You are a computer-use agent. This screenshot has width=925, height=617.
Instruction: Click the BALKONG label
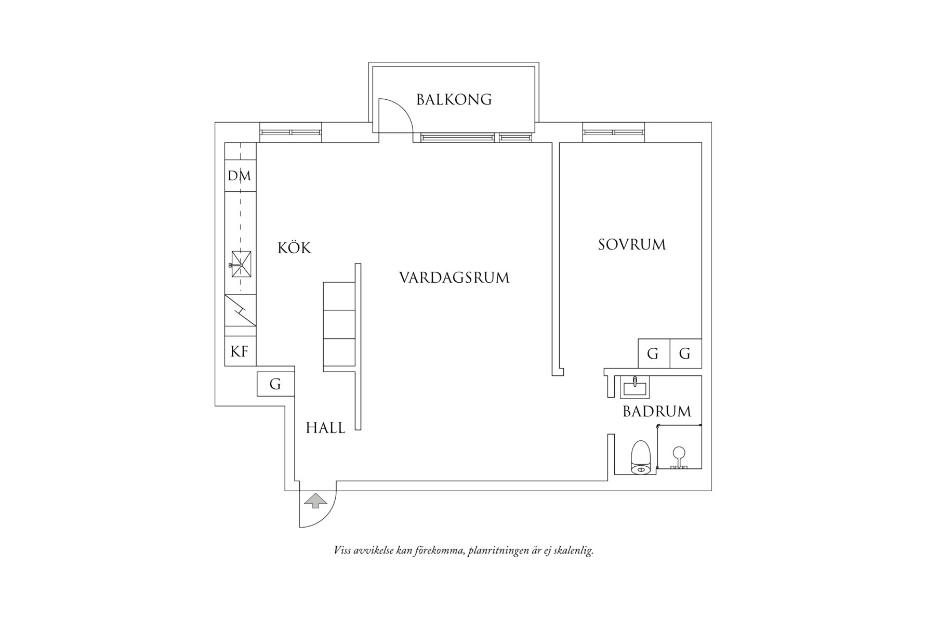454,99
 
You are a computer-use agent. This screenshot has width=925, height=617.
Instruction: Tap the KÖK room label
294,247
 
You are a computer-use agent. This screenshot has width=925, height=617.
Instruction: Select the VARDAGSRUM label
454,278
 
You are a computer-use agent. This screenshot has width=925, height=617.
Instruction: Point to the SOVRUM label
631,244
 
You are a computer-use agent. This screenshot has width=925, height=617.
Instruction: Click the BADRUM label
657,412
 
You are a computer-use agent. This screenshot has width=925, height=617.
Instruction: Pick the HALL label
325,428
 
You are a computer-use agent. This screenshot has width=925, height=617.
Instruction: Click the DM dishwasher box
240,176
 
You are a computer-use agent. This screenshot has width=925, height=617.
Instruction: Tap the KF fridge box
240,351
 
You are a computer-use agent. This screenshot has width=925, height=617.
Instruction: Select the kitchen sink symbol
241,265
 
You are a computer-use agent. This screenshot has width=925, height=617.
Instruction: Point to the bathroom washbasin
635,387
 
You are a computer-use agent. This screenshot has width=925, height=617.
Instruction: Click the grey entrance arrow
315,501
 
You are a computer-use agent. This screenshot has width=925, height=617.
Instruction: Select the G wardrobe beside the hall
276,384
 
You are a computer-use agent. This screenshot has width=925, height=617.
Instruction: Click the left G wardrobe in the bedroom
654,353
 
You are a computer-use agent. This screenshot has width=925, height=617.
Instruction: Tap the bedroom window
614,132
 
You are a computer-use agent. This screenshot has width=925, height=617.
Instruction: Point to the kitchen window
290,132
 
